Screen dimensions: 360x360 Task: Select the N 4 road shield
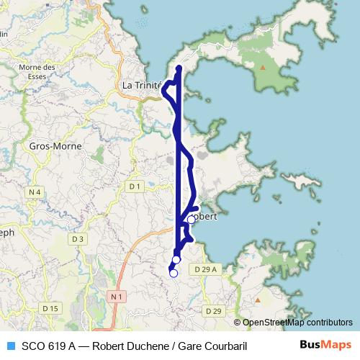[x=34, y=192]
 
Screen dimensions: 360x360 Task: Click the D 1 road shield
[x=134, y=186]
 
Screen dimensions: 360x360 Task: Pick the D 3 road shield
[x=78, y=238]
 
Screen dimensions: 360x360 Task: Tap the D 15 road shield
[x=50, y=308]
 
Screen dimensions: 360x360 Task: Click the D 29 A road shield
[x=205, y=269]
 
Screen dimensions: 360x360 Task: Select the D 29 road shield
[x=212, y=311]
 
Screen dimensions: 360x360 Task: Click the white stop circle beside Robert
[x=191, y=220]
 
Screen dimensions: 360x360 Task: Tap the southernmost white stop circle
[x=173, y=273]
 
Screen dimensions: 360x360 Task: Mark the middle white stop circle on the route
[x=176, y=259]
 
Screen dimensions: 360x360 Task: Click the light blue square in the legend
[x=10, y=346]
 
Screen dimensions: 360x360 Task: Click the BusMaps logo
[x=325, y=346]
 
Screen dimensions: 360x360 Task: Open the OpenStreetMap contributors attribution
[x=297, y=323]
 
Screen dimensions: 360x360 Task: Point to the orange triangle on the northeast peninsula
[x=262, y=68]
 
